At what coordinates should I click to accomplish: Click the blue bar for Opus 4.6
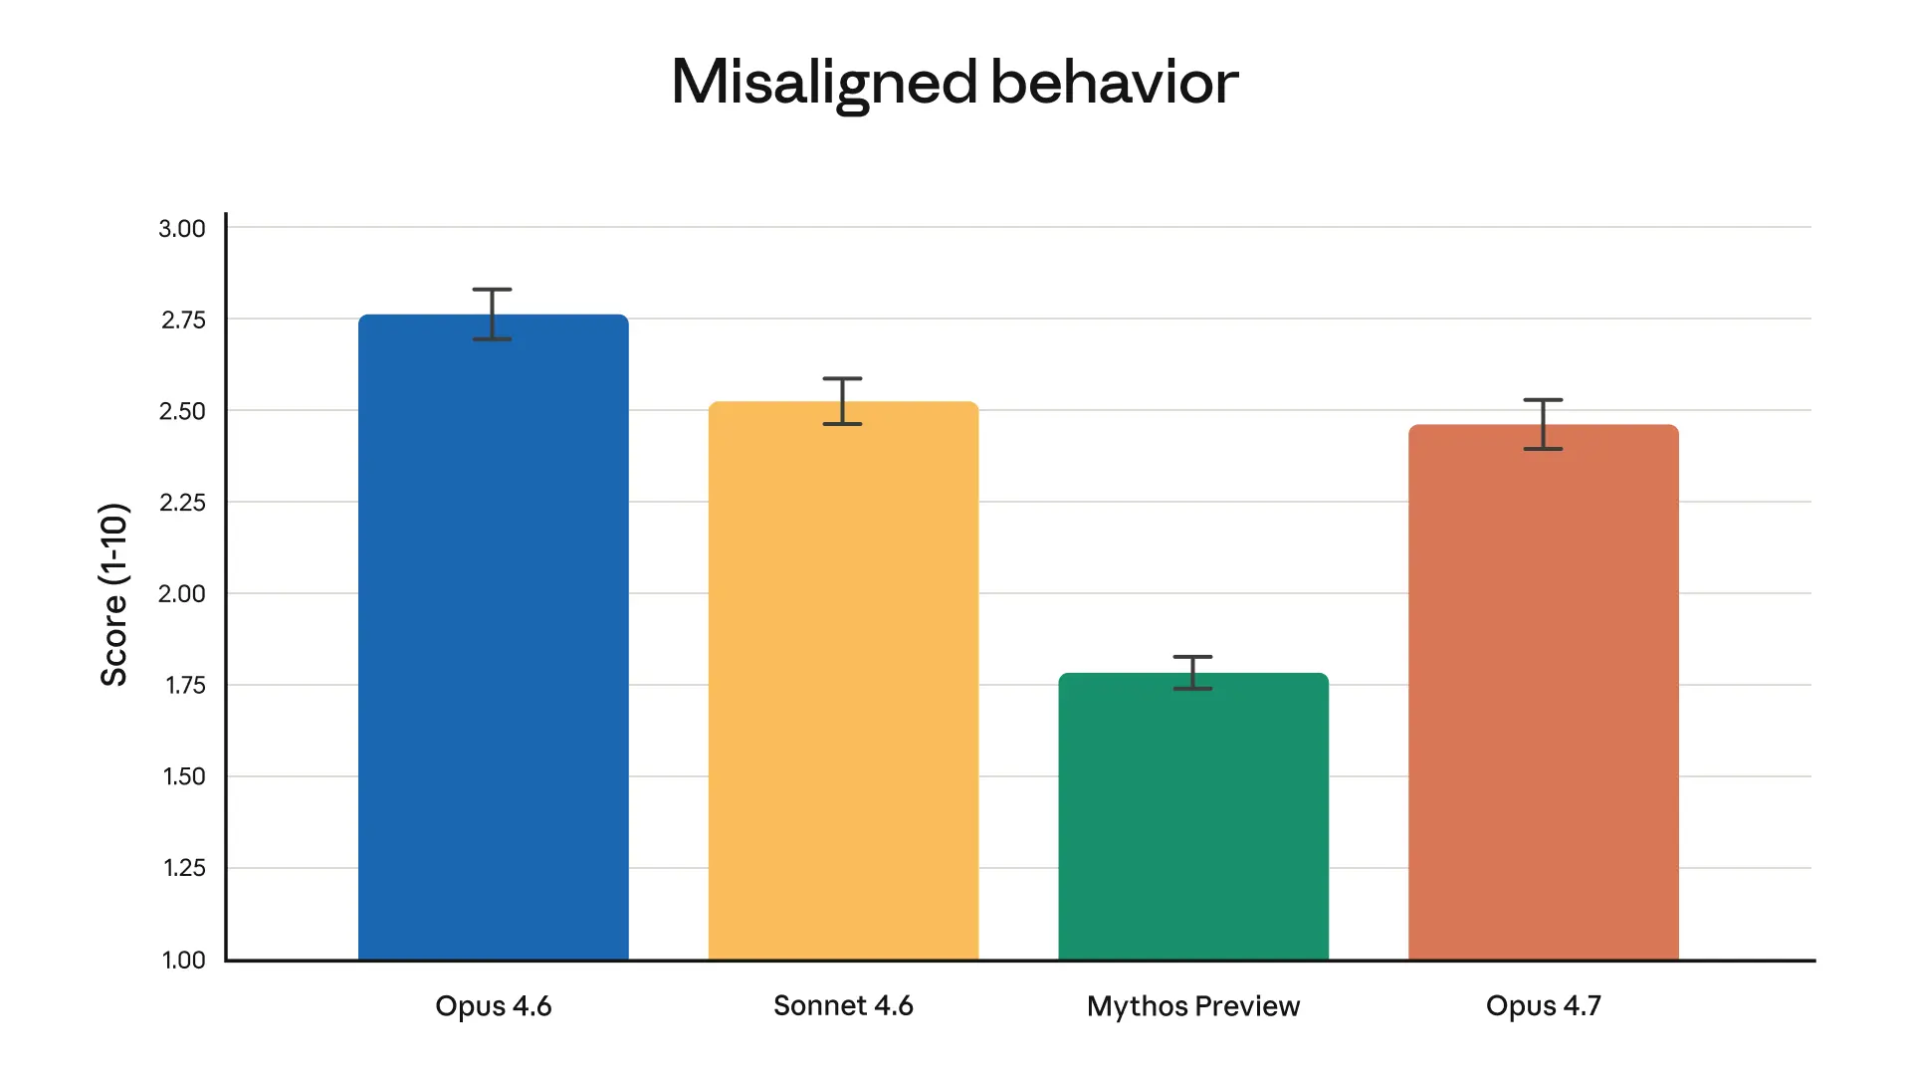click(493, 637)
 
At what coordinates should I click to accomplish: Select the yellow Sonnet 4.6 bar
click(843, 681)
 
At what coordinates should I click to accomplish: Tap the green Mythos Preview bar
click(1193, 816)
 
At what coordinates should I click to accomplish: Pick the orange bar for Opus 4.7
click(1544, 693)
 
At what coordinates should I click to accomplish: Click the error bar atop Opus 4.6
click(493, 315)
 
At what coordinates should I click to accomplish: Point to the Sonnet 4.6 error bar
click(843, 401)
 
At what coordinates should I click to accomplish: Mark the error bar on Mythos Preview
click(1193, 673)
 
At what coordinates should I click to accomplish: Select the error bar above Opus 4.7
click(1544, 424)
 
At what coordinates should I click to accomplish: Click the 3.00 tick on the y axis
click(182, 228)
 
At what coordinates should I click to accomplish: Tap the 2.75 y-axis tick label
click(183, 320)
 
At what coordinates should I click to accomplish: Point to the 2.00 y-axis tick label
click(182, 593)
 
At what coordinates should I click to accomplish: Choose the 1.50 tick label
click(184, 776)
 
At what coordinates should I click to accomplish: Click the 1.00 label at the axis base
click(184, 960)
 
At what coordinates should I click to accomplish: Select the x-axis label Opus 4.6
click(493, 1005)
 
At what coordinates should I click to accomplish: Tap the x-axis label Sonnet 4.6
click(843, 1005)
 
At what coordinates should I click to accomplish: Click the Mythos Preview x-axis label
click(1193, 1005)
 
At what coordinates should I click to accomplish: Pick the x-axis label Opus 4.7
click(1544, 1005)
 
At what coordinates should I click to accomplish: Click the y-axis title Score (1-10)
click(113, 594)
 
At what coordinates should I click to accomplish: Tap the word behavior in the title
click(1115, 82)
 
